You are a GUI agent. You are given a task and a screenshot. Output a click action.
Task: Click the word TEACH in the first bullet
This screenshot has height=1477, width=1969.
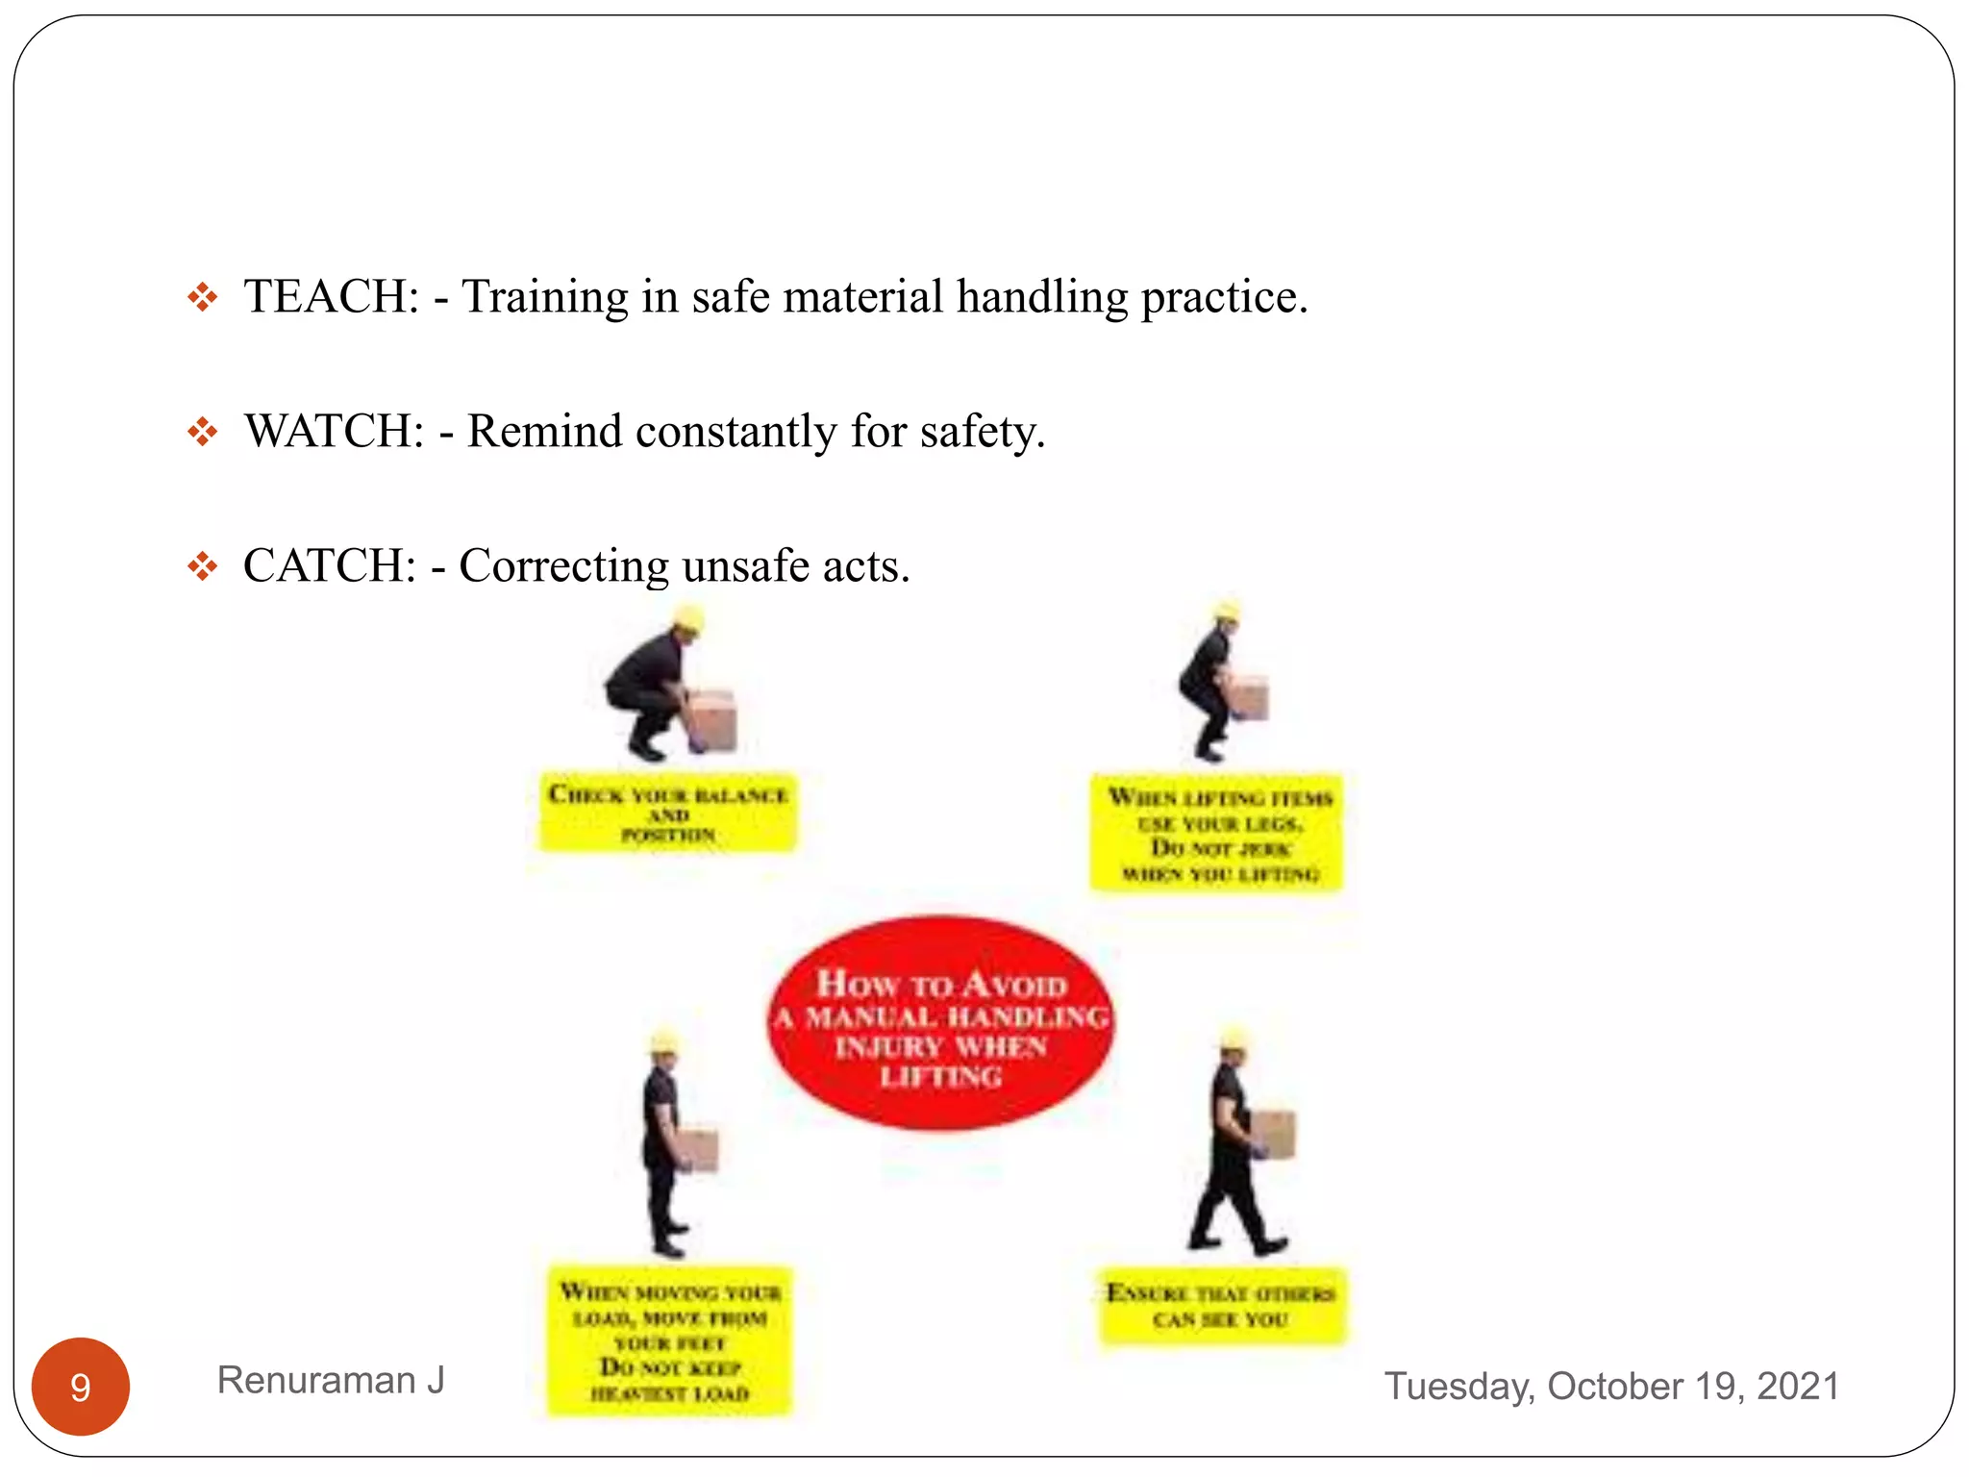[331, 296]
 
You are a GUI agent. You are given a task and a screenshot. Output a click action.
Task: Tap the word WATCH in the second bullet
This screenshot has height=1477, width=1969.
[334, 431]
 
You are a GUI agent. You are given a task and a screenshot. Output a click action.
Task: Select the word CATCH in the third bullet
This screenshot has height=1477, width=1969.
[329, 565]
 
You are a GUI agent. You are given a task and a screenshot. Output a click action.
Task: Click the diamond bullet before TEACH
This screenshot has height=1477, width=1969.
[202, 297]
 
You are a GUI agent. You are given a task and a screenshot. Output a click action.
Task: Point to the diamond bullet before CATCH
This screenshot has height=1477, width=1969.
[202, 566]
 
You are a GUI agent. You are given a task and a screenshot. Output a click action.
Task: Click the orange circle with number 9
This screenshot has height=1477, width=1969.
[81, 1387]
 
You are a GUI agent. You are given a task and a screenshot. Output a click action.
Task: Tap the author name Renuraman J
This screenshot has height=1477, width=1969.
[331, 1381]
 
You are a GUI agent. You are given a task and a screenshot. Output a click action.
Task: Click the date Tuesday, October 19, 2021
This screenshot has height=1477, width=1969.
[1611, 1387]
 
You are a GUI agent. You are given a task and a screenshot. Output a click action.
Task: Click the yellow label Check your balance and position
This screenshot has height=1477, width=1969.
[668, 814]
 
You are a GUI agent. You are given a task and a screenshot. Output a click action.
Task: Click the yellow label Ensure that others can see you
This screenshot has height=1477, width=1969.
[1222, 1306]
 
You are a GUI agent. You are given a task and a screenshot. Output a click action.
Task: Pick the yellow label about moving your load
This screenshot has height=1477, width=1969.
[670, 1342]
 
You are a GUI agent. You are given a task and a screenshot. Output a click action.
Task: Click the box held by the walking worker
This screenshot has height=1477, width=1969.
[1273, 1135]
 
